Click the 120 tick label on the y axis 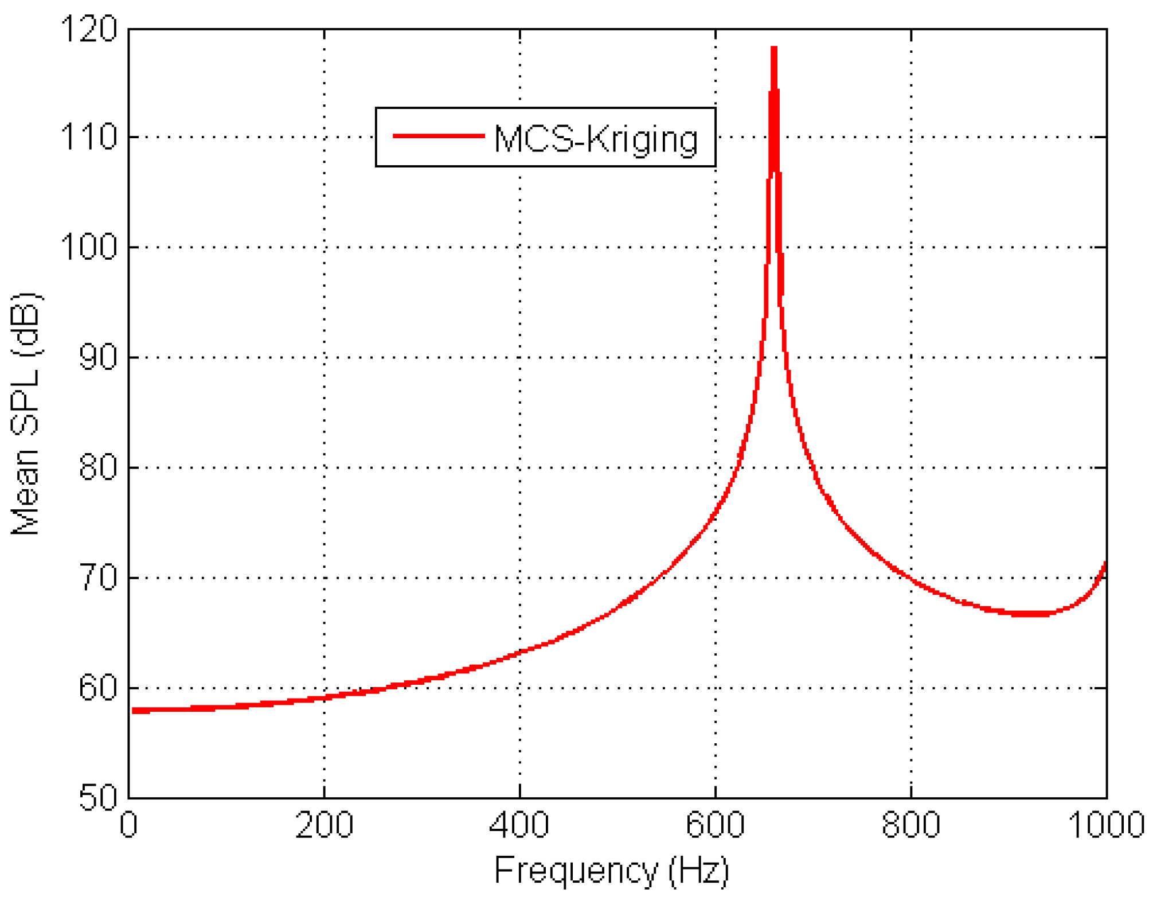coord(88,29)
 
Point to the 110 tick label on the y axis coord(88,138)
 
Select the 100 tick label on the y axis coord(88,248)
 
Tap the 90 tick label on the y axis coord(97,357)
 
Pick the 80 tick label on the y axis coord(97,467)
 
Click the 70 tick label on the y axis coord(97,578)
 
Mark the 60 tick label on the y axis coord(97,688)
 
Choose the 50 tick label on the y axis coord(97,798)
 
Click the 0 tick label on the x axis coord(129,825)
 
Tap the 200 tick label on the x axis coord(325,825)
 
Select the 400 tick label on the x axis coord(520,825)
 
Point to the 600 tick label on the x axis coord(716,825)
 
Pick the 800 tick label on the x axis coord(911,825)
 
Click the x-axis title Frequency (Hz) coord(611,871)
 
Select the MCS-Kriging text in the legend coord(596,139)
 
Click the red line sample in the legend coord(439,136)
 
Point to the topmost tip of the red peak coord(774,48)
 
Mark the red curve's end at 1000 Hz coord(1105,563)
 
